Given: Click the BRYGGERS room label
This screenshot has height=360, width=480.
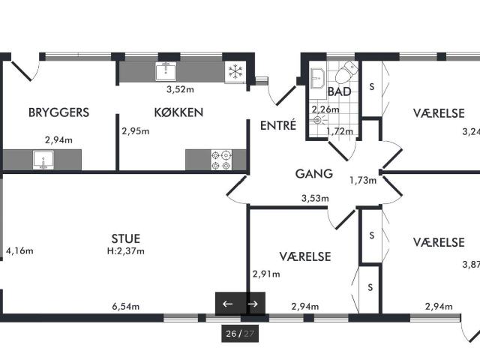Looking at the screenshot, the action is coord(58,112).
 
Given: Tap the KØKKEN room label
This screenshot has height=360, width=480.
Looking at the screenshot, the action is coord(178,112).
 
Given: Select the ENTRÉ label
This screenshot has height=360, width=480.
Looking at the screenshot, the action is coord(278,125).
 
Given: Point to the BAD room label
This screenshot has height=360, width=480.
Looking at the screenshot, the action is coord(339,91).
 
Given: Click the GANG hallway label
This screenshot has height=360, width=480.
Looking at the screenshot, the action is coord(314,174).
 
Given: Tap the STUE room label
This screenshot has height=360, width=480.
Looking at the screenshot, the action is coord(126,238).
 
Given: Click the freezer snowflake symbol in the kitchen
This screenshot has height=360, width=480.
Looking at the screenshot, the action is coord(235,72).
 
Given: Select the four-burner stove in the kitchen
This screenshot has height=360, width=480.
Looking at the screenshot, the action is coord(221,160).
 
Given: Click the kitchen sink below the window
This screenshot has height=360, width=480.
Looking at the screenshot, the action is coord(166,71).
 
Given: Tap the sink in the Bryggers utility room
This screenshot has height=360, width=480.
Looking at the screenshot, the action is coord(43,160).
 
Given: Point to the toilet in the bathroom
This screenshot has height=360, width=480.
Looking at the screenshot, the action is coord(346,72).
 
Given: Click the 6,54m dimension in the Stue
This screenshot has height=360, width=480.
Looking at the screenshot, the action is coord(126,307).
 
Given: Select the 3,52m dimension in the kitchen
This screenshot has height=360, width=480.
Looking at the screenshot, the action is coord(180,90).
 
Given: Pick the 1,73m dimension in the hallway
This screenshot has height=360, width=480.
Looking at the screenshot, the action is coord(363,181).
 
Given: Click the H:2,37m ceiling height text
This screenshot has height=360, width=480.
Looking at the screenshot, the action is coord(126,251).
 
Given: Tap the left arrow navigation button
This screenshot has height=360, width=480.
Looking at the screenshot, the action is coord(228,304).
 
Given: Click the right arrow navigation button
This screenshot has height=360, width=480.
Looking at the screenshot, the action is coord(253,304).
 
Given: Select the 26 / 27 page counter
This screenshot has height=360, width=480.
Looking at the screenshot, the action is coord(240,333).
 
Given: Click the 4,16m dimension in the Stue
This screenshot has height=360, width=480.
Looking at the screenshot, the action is coord(19,251).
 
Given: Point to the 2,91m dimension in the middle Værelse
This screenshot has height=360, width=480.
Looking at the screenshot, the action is coord(266,274).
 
